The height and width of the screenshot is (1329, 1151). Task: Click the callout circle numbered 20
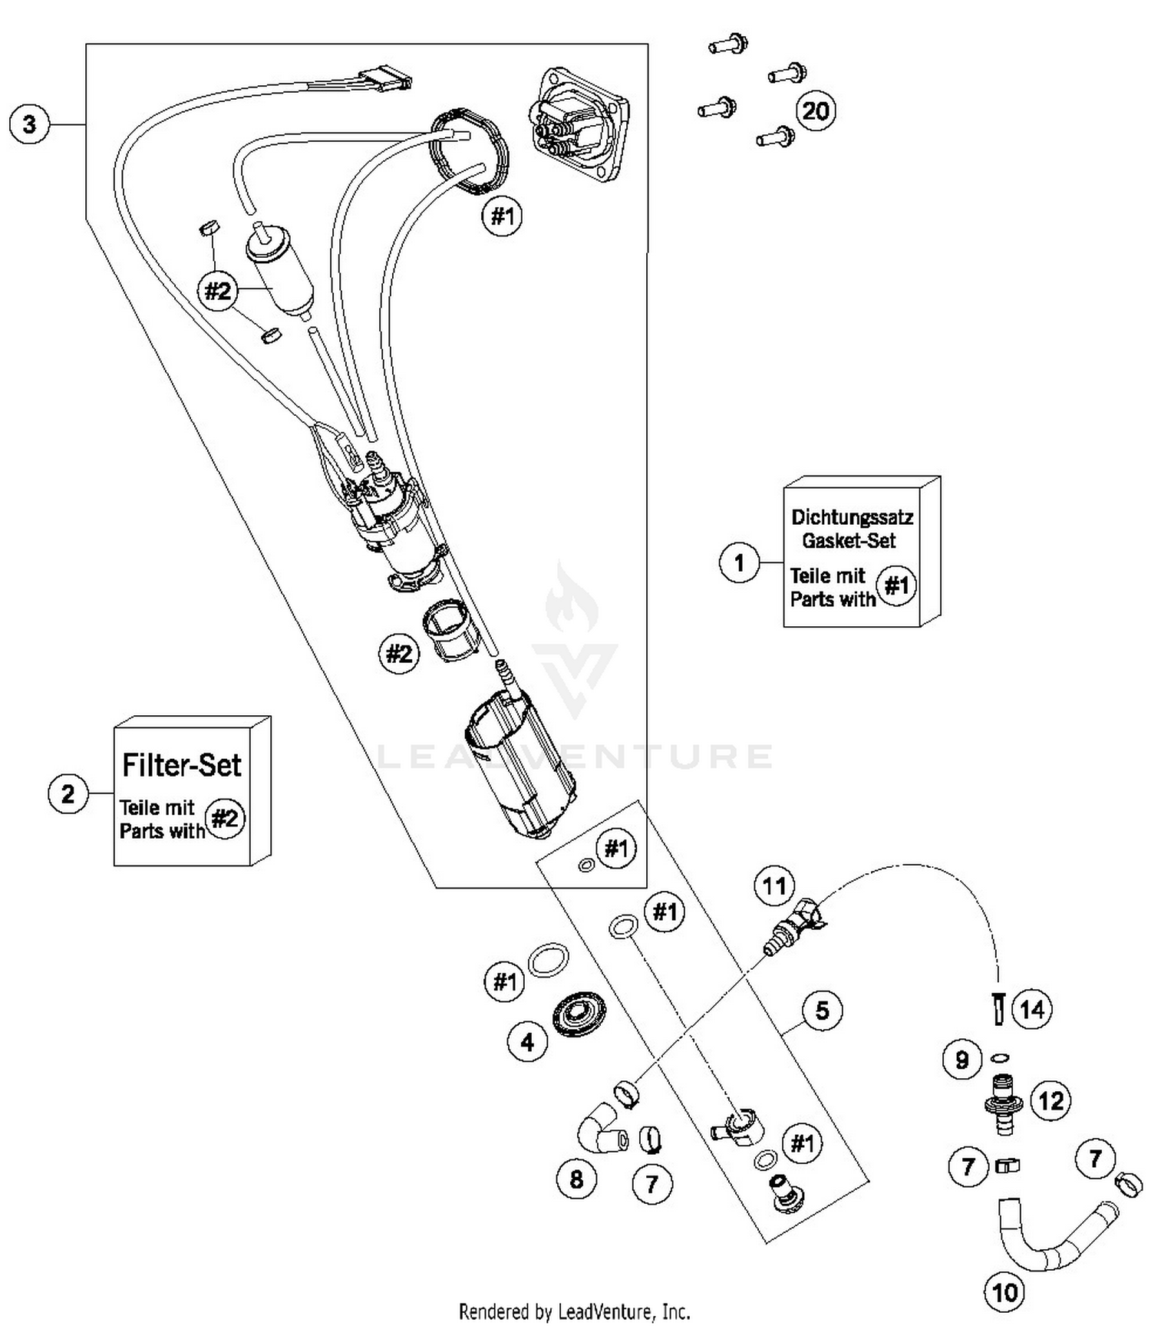tap(815, 111)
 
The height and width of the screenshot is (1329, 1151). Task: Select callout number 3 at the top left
tap(29, 124)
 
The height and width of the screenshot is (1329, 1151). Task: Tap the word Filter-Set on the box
tap(182, 765)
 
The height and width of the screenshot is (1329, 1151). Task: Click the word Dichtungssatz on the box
tap(852, 517)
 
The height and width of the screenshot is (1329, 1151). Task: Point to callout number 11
tap(773, 886)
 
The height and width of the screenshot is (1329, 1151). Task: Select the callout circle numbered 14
tap(1032, 1010)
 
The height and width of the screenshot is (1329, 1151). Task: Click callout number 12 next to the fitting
tap(1050, 1102)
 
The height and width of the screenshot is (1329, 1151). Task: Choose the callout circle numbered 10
tap(1004, 1293)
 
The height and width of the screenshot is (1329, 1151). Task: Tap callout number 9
tap(961, 1060)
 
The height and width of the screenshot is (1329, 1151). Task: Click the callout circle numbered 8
tap(576, 1179)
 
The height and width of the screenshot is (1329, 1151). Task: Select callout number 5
tap(822, 1011)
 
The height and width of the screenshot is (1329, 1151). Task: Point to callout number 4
tap(527, 1042)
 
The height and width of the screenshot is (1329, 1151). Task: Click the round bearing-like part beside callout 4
tap(579, 1017)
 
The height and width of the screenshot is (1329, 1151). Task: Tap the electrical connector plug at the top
tap(388, 79)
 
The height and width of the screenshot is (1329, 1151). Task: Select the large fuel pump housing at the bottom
tap(522, 767)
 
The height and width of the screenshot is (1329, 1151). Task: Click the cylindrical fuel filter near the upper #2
tap(280, 272)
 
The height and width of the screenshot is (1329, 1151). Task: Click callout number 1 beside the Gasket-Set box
tap(739, 563)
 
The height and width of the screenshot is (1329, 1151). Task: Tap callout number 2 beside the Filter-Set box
tap(68, 793)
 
